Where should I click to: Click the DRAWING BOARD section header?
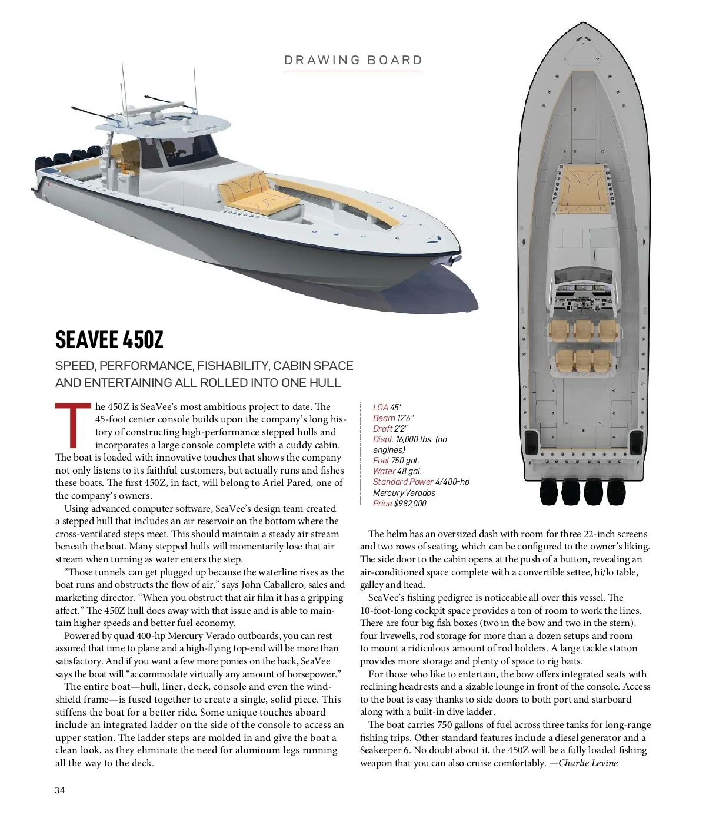353,60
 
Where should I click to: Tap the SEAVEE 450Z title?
109,340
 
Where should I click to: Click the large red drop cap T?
73,425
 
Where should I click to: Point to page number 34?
60,790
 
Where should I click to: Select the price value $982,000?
410,504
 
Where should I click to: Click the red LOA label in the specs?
380,408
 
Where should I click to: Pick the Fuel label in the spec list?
381,461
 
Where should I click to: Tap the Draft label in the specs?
382,429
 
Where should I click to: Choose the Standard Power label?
402,482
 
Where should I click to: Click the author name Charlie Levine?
588,763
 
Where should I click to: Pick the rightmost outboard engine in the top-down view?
617,492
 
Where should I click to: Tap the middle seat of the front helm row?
582,331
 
